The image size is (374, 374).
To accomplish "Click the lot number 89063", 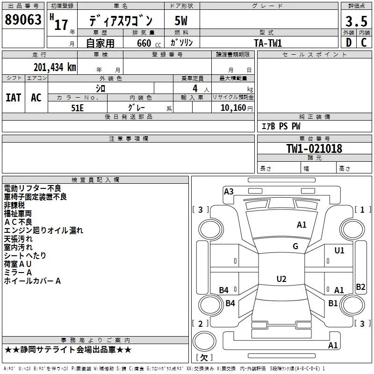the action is (23, 20).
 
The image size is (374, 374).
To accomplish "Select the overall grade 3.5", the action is (356, 22).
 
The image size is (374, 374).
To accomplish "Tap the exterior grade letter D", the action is (349, 43).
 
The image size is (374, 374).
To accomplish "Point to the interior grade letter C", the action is (364, 43).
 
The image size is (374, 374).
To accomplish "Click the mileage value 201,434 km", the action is (55, 67).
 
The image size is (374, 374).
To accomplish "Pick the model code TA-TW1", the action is (268, 43).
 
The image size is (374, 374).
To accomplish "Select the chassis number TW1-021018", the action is (314, 149).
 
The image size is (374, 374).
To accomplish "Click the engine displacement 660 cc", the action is (149, 43).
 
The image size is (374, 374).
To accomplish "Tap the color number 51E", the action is (77, 108).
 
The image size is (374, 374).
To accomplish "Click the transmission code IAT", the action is (14, 98).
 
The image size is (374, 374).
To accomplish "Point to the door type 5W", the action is (181, 21).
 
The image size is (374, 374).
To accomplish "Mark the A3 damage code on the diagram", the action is (229, 192).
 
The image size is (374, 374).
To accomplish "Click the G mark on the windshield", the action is (295, 246).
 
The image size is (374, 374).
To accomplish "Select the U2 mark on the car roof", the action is (281, 279).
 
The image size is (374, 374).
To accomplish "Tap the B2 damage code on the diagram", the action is (360, 287).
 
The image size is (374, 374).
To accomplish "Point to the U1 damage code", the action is (339, 251).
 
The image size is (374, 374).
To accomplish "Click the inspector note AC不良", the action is (18, 222).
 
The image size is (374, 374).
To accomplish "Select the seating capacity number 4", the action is (195, 88).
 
